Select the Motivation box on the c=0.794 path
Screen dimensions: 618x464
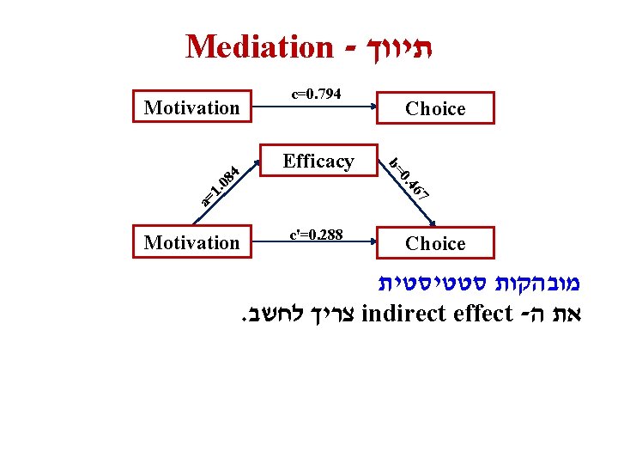pos(192,107)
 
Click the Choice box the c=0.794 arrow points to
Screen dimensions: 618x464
pos(435,108)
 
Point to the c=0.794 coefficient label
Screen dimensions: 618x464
pos(317,93)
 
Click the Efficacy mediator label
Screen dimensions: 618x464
pos(318,161)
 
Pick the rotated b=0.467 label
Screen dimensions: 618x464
pos(409,177)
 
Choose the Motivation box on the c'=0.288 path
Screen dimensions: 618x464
pos(192,242)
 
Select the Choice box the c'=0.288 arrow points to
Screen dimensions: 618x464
pos(435,243)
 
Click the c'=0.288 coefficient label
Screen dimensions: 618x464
pos(316,234)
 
